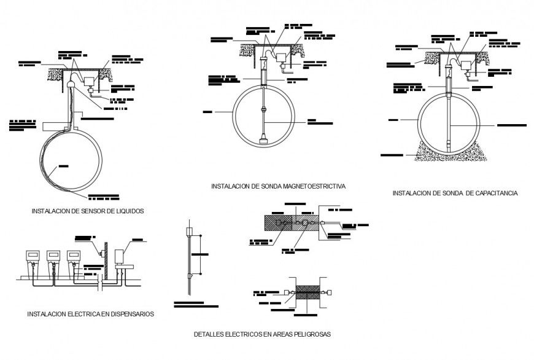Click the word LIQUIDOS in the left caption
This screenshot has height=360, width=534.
point(128,211)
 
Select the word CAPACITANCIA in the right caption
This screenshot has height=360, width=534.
point(495,193)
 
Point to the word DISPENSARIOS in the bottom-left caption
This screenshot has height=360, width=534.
point(131,314)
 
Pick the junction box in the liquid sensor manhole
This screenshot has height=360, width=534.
point(90,80)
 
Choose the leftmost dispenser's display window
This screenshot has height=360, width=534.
point(32,255)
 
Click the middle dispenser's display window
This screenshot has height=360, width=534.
point(53,255)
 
